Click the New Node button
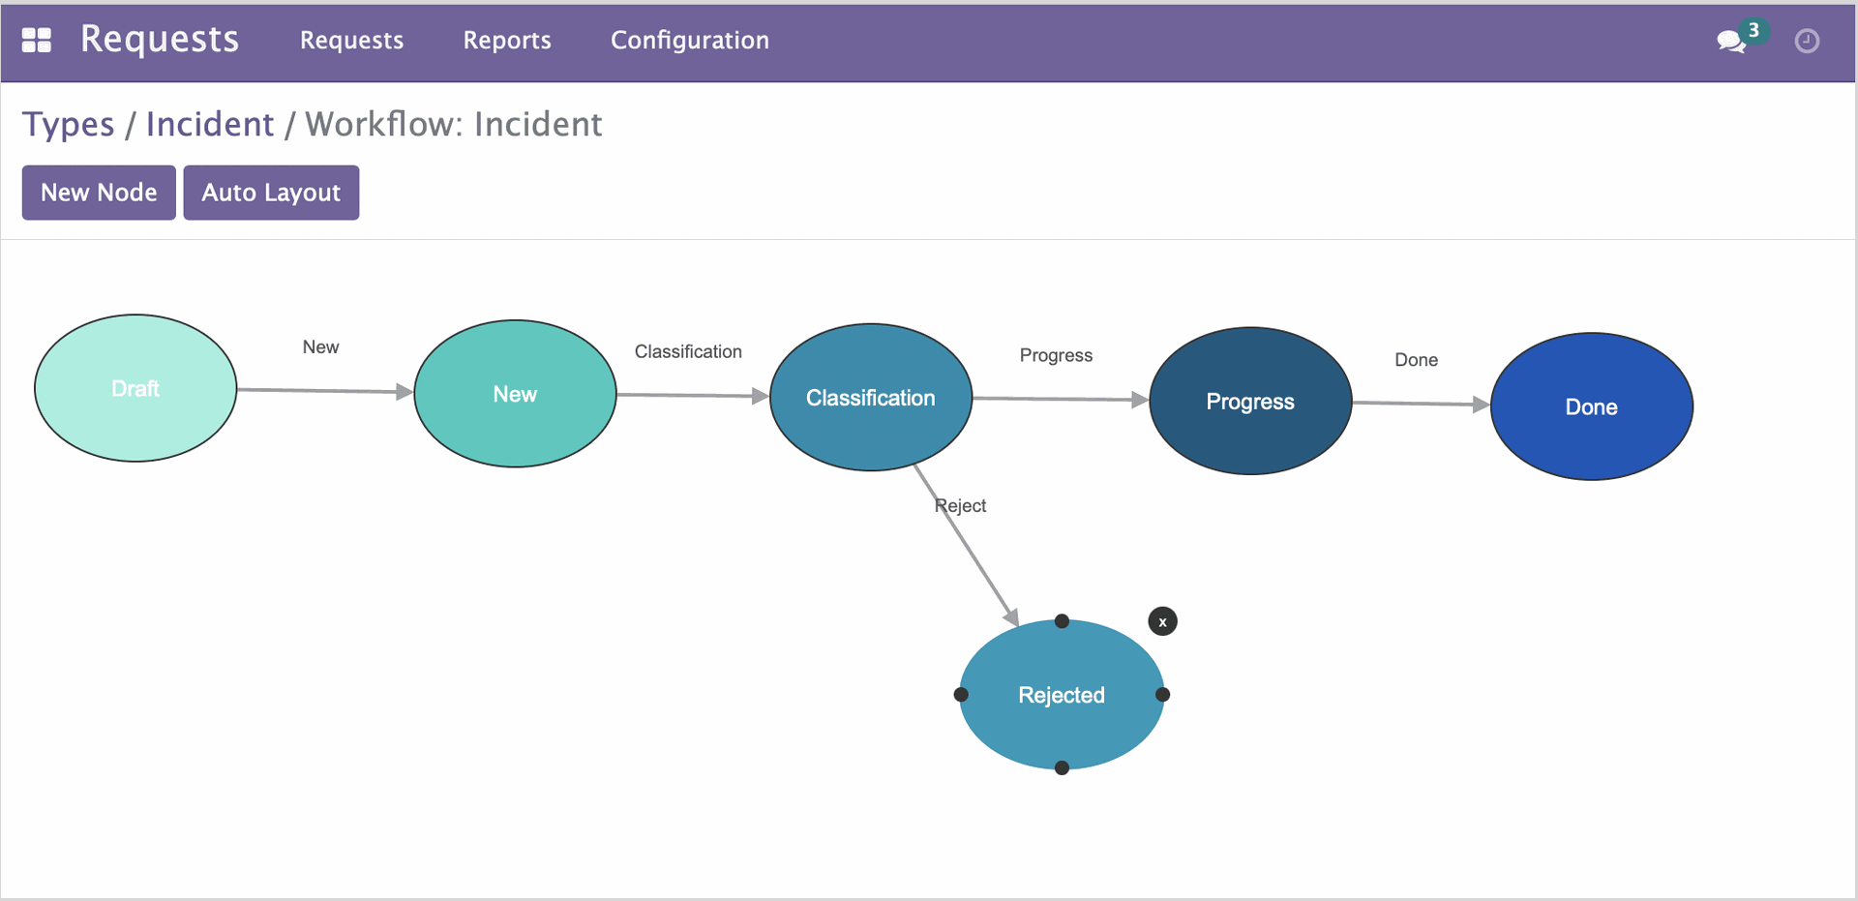click(99, 193)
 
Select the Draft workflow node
click(135, 388)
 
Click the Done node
click(1592, 406)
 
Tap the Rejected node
click(1062, 695)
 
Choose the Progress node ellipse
click(1250, 401)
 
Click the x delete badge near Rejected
click(1162, 621)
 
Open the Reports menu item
click(507, 41)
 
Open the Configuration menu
click(690, 41)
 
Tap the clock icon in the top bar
click(1807, 41)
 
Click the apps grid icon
click(37, 41)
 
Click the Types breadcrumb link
click(69, 125)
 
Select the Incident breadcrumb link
click(210, 125)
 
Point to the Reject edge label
click(960, 505)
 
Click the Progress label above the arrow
click(1056, 355)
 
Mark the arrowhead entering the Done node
click(1481, 405)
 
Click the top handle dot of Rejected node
click(1062, 621)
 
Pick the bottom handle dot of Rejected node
click(1062, 768)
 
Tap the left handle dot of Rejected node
click(961, 695)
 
